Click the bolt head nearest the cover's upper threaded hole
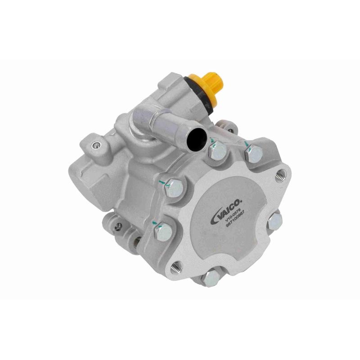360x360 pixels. (x=253, y=154)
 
